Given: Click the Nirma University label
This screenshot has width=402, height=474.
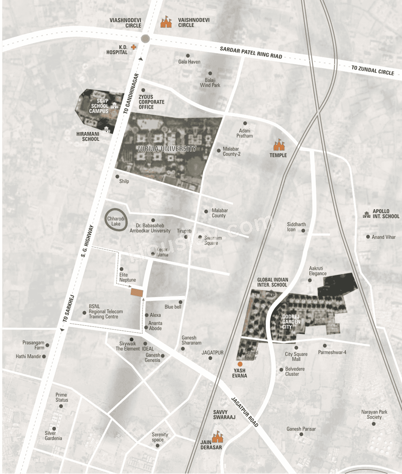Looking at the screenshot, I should [167, 149].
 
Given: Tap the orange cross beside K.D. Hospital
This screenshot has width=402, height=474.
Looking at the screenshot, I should [133, 47].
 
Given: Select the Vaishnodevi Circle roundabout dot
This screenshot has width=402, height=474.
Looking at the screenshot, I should [145, 39].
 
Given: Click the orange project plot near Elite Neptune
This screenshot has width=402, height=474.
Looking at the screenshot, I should [137, 292].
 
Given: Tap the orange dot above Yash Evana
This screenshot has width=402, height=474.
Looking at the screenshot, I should [240, 364].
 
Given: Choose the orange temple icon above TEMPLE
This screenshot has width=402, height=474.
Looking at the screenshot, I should [279, 145].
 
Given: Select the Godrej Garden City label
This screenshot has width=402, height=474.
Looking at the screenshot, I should [291, 322].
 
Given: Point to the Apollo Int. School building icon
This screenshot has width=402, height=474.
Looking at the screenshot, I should [367, 214].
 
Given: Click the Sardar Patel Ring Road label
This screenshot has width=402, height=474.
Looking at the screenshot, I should [251, 53].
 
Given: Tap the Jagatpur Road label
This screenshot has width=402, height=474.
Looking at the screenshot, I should [245, 412].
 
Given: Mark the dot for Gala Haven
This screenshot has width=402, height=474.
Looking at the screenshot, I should [188, 56].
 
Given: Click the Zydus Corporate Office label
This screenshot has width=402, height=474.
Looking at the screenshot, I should [151, 102].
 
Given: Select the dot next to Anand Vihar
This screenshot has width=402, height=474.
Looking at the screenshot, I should [368, 237].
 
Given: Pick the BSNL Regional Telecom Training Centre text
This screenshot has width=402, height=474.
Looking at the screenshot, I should [106, 311].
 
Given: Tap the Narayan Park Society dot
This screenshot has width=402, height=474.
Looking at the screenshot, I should [374, 424].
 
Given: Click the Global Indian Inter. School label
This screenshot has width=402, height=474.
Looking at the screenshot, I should [272, 282].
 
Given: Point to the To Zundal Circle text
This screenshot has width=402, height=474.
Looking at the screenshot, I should [373, 70].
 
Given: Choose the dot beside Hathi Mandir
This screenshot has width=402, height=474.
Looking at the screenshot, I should [44, 356].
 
